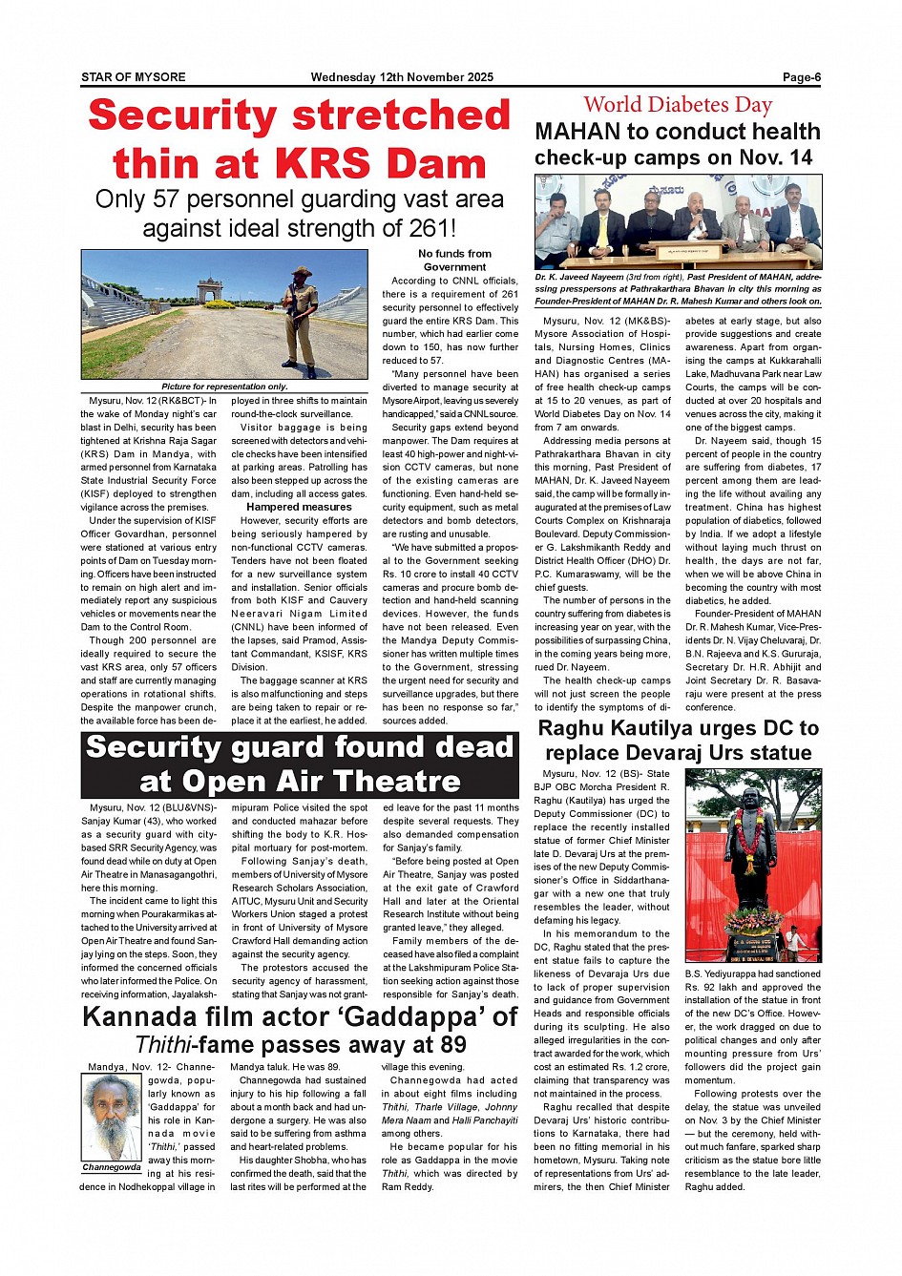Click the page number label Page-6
pyautogui.click(x=801, y=77)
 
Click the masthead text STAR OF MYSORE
pyautogui.click(x=133, y=77)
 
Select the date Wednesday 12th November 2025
pyautogui.click(x=402, y=77)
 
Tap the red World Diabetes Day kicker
pyautogui.click(x=678, y=104)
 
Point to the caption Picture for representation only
pyautogui.click(x=224, y=387)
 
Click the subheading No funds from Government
pyautogui.click(x=454, y=261)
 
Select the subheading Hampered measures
pyautogui.click(x=299, y=507)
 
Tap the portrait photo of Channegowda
pyautogui.click(x=111, y=1117)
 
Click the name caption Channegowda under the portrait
pyautogui.click(x=112, y=1167)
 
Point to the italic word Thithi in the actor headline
pyautogui.click(x=166, y=1045)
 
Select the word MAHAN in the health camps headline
pyautogui.click(x=579, y=132)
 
